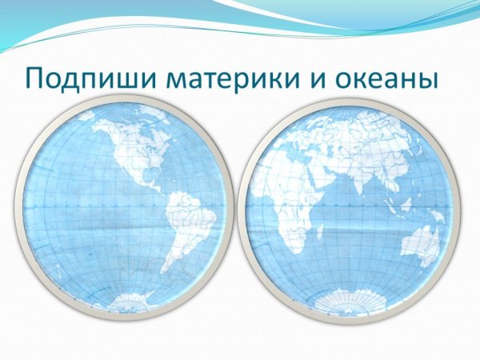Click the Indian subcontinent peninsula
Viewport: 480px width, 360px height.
pos(363,181)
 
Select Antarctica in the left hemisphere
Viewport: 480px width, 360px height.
pos(131,302)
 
